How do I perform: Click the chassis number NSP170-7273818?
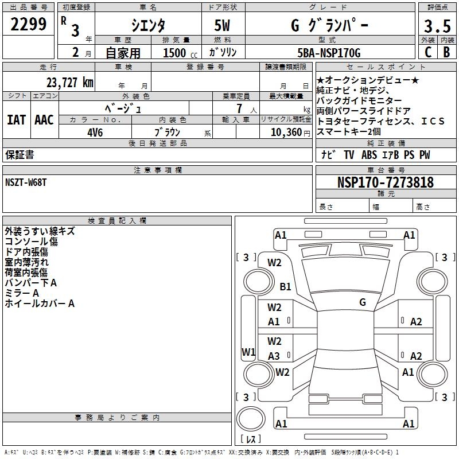click(385, 182)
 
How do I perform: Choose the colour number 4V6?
click(95, 131)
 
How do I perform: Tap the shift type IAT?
click(16, 120)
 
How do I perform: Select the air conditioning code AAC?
click(44, 120)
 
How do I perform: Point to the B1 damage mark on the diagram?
click(285, 286)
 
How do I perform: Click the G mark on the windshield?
click(362, 302)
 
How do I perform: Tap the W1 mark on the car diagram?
click(248, 352)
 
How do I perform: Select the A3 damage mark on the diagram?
click(274, 356)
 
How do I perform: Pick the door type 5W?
click(223, 25)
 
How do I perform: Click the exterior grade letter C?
click(427, 52)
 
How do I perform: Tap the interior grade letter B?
click(446, 52)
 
